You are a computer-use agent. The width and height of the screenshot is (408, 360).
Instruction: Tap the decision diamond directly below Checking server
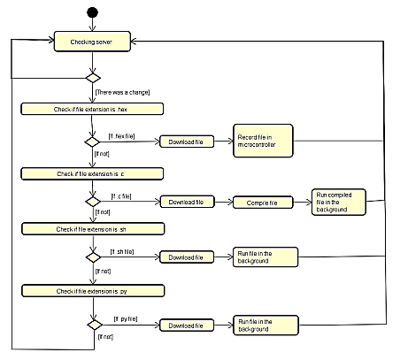[93, 77]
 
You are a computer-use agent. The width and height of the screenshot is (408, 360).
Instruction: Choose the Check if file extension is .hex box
[93, 109]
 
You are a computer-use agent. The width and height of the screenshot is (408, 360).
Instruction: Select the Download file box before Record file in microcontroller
[186, 142]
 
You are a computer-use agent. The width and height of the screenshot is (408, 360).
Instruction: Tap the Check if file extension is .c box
[93, 172]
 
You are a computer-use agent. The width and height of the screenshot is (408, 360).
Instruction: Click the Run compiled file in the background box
[335, 203]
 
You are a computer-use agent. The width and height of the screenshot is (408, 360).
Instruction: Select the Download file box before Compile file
[186, 203]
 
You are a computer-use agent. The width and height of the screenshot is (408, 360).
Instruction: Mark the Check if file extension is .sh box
[93, 229]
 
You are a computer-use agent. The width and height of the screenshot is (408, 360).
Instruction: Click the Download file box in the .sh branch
[186, 257]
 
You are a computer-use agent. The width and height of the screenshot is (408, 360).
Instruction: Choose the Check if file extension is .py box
[93, 289]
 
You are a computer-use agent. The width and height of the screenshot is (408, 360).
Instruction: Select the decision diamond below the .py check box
[93, 324]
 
